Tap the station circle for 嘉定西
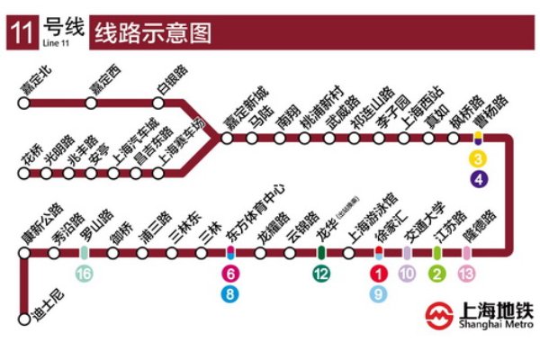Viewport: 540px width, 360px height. [x=91, y=103]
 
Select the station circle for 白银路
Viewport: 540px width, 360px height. [x=158, y=103]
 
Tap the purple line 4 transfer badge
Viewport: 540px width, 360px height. [x=479, y=178]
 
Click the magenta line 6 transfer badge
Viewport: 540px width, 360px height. [x=231, y=274]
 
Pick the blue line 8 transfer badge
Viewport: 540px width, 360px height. [x=231, y=292]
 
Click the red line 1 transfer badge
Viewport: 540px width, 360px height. [x=379, y=274]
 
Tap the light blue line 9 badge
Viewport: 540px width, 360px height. [x=379, y=292]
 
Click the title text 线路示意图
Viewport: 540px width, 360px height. [x=153, y=34]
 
